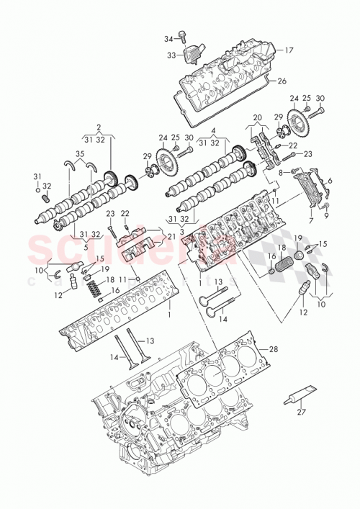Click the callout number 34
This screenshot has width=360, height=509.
click(168, 39)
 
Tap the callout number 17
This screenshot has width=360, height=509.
click(289, 50)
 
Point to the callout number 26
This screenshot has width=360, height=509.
click(282, 81)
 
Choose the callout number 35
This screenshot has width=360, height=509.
click(79, 154)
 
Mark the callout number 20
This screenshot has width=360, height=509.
click(257, 118)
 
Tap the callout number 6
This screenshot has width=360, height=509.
click(330, 180)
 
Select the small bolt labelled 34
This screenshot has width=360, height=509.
click(183, 34)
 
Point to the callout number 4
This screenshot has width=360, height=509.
click(213, 130)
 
